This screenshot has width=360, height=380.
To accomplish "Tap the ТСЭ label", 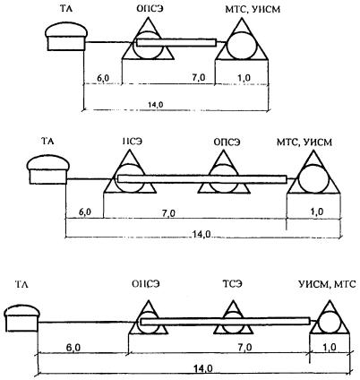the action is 233,283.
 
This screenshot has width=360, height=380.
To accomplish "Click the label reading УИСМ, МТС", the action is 328,284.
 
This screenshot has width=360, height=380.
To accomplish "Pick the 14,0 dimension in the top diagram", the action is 156,104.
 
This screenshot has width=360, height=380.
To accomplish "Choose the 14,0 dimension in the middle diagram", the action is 201,234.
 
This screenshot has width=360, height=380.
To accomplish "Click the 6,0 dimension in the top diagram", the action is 103,78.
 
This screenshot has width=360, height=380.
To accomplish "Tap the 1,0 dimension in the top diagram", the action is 244,78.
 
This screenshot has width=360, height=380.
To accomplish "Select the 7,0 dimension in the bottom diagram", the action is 244,348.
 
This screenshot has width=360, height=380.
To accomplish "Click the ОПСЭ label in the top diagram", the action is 149,9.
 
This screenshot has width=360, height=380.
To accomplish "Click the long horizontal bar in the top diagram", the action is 176,43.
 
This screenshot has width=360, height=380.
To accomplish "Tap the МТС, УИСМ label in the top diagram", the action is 253,10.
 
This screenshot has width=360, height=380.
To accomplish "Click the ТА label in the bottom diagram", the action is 21,284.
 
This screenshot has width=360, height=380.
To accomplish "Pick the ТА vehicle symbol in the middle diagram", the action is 47,169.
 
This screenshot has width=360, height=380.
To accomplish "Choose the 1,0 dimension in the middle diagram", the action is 317,212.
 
